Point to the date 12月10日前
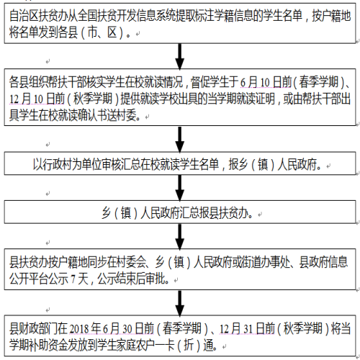point(37,99)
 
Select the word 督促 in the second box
point(200,82)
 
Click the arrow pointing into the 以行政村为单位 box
point(180,139)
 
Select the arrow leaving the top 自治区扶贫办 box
point(180,56)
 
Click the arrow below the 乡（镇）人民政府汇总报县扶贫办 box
point(180,236)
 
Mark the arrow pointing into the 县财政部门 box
point(180,303)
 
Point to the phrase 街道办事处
point(266,262)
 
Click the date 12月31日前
point(247,328)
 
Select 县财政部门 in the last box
point(33,328)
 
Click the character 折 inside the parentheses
point(189,345)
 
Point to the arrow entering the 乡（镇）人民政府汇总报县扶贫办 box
point(180,188)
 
